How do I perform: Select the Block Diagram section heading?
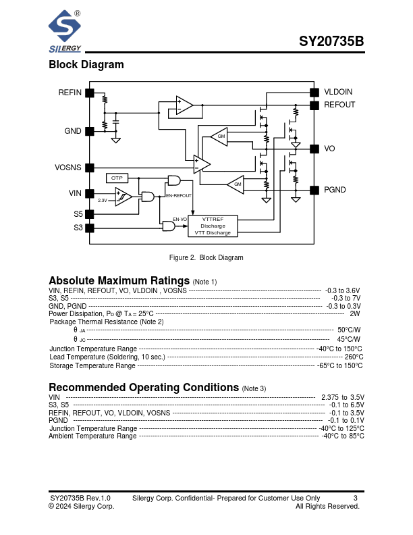(x=86, y=65)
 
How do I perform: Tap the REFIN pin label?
(x=70, y=93)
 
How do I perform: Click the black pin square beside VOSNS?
(x=90, y=168)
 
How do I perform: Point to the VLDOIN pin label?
(x=338, y=93)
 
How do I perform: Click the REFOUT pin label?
(x=339, y=105)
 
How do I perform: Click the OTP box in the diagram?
(x=117, y=178)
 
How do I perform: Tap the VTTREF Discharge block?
(x=213, y=226)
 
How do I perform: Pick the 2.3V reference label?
(x=103, y=201)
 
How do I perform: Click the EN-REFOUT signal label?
(x=179, y=195)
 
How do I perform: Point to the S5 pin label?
(x=78, y=214)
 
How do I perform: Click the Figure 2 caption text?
(x=206, y=258)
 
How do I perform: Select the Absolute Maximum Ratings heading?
(x=119, y=281)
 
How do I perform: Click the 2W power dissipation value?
(x=355, y=314)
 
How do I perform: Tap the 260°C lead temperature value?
(x=354, y=357)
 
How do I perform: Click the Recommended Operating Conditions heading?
(x=144, y=388)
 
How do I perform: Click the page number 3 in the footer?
(x=355, y=499)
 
